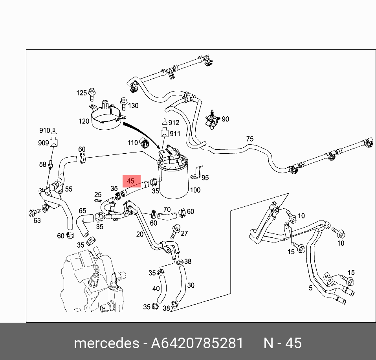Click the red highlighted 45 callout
[131, 181]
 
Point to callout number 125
[81, 93]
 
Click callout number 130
[134, 106]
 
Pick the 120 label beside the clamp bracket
[84, 121]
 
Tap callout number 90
[225, 119]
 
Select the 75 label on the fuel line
[250, 139]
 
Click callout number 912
[174, 123]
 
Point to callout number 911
[175, 134]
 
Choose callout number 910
[44, 130]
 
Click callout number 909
[43, 143]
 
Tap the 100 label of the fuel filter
[195, 190]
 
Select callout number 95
[205, 178]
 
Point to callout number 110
[132, 142]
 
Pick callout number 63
[37, 220]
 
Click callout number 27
[184, 233]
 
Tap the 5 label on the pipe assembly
[310, 288]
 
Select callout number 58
[42, 165]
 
